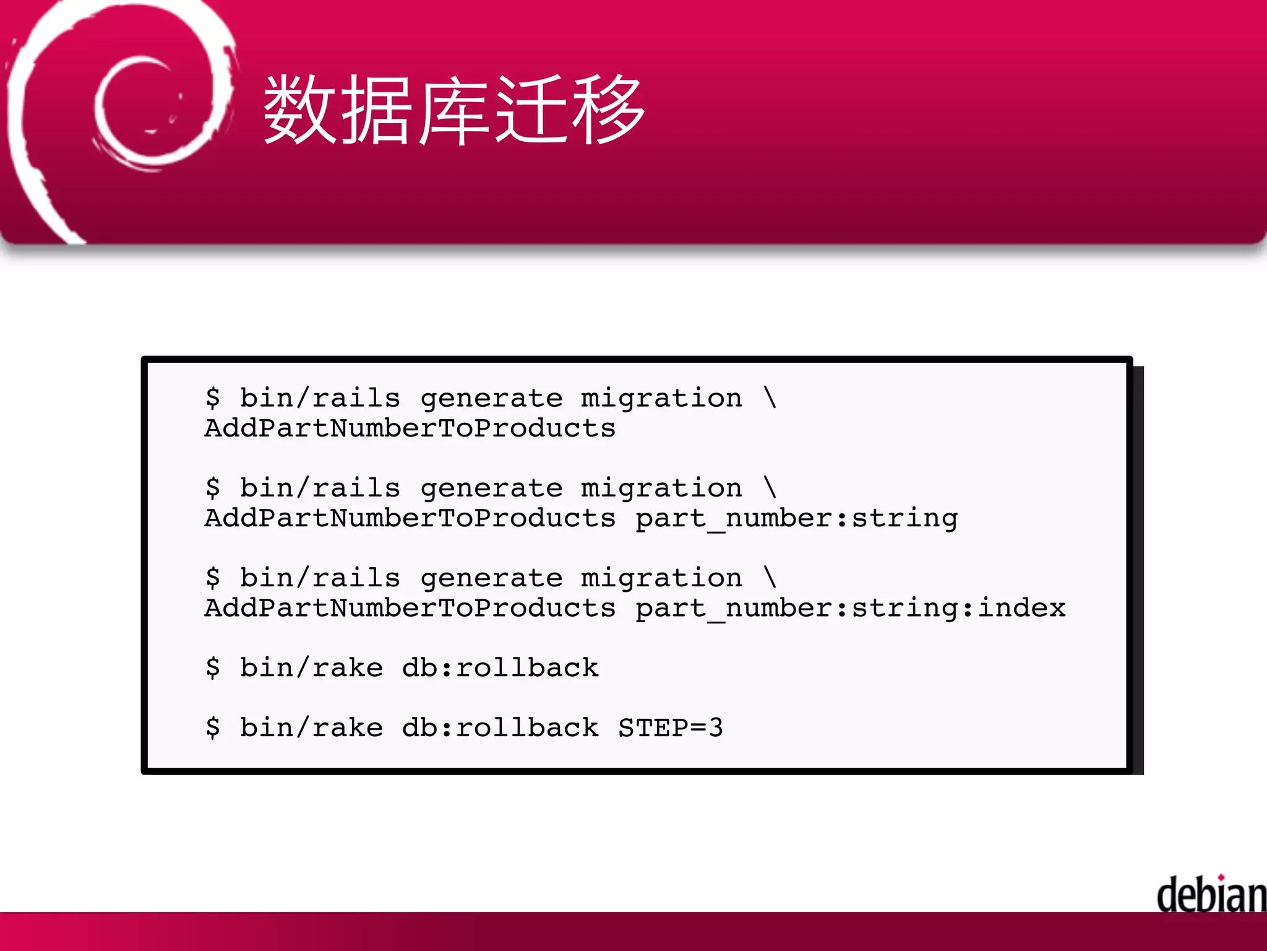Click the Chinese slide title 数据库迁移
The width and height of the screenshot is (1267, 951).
pyautogui.click(x=455, y=110)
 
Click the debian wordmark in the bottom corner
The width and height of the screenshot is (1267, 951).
pyautogui.click(x=1211, y=895)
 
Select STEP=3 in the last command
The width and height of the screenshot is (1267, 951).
pyautogui.click(x=671, y=727)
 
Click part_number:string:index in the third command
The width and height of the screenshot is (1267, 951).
pyautogui.click(x=851, y=608)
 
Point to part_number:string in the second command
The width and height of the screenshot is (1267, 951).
pyautogui.click(x=797, y=518)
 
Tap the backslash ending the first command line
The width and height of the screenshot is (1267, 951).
pyautogui.click(x=770, y=397)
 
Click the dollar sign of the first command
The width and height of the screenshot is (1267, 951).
pyautogui.click(x=213, y=397)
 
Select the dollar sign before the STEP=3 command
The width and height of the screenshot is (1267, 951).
pyautogui.click(x=213, y=727)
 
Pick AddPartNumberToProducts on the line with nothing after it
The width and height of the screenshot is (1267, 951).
pyautogui.click(x=410, y=428)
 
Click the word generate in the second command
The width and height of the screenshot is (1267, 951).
pyautogui.click(x=491, y=488)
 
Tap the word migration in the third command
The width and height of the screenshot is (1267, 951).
pyautogui.click(x=661, y=578)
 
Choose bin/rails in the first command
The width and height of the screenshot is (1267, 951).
pyautogui.click(x=320, y=397)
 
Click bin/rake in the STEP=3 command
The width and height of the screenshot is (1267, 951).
pyautogui.click(x=311, y=727)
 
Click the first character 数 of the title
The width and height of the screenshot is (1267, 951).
pyautogui.click(x=301, y=110)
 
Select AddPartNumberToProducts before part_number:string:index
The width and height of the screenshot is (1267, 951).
pyautogui.click(x=410, y=608)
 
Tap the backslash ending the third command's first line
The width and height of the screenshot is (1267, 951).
pyautogui.click(x=770, y=578)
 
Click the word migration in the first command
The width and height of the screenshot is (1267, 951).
pyautogui.click(x=661, y=397)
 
